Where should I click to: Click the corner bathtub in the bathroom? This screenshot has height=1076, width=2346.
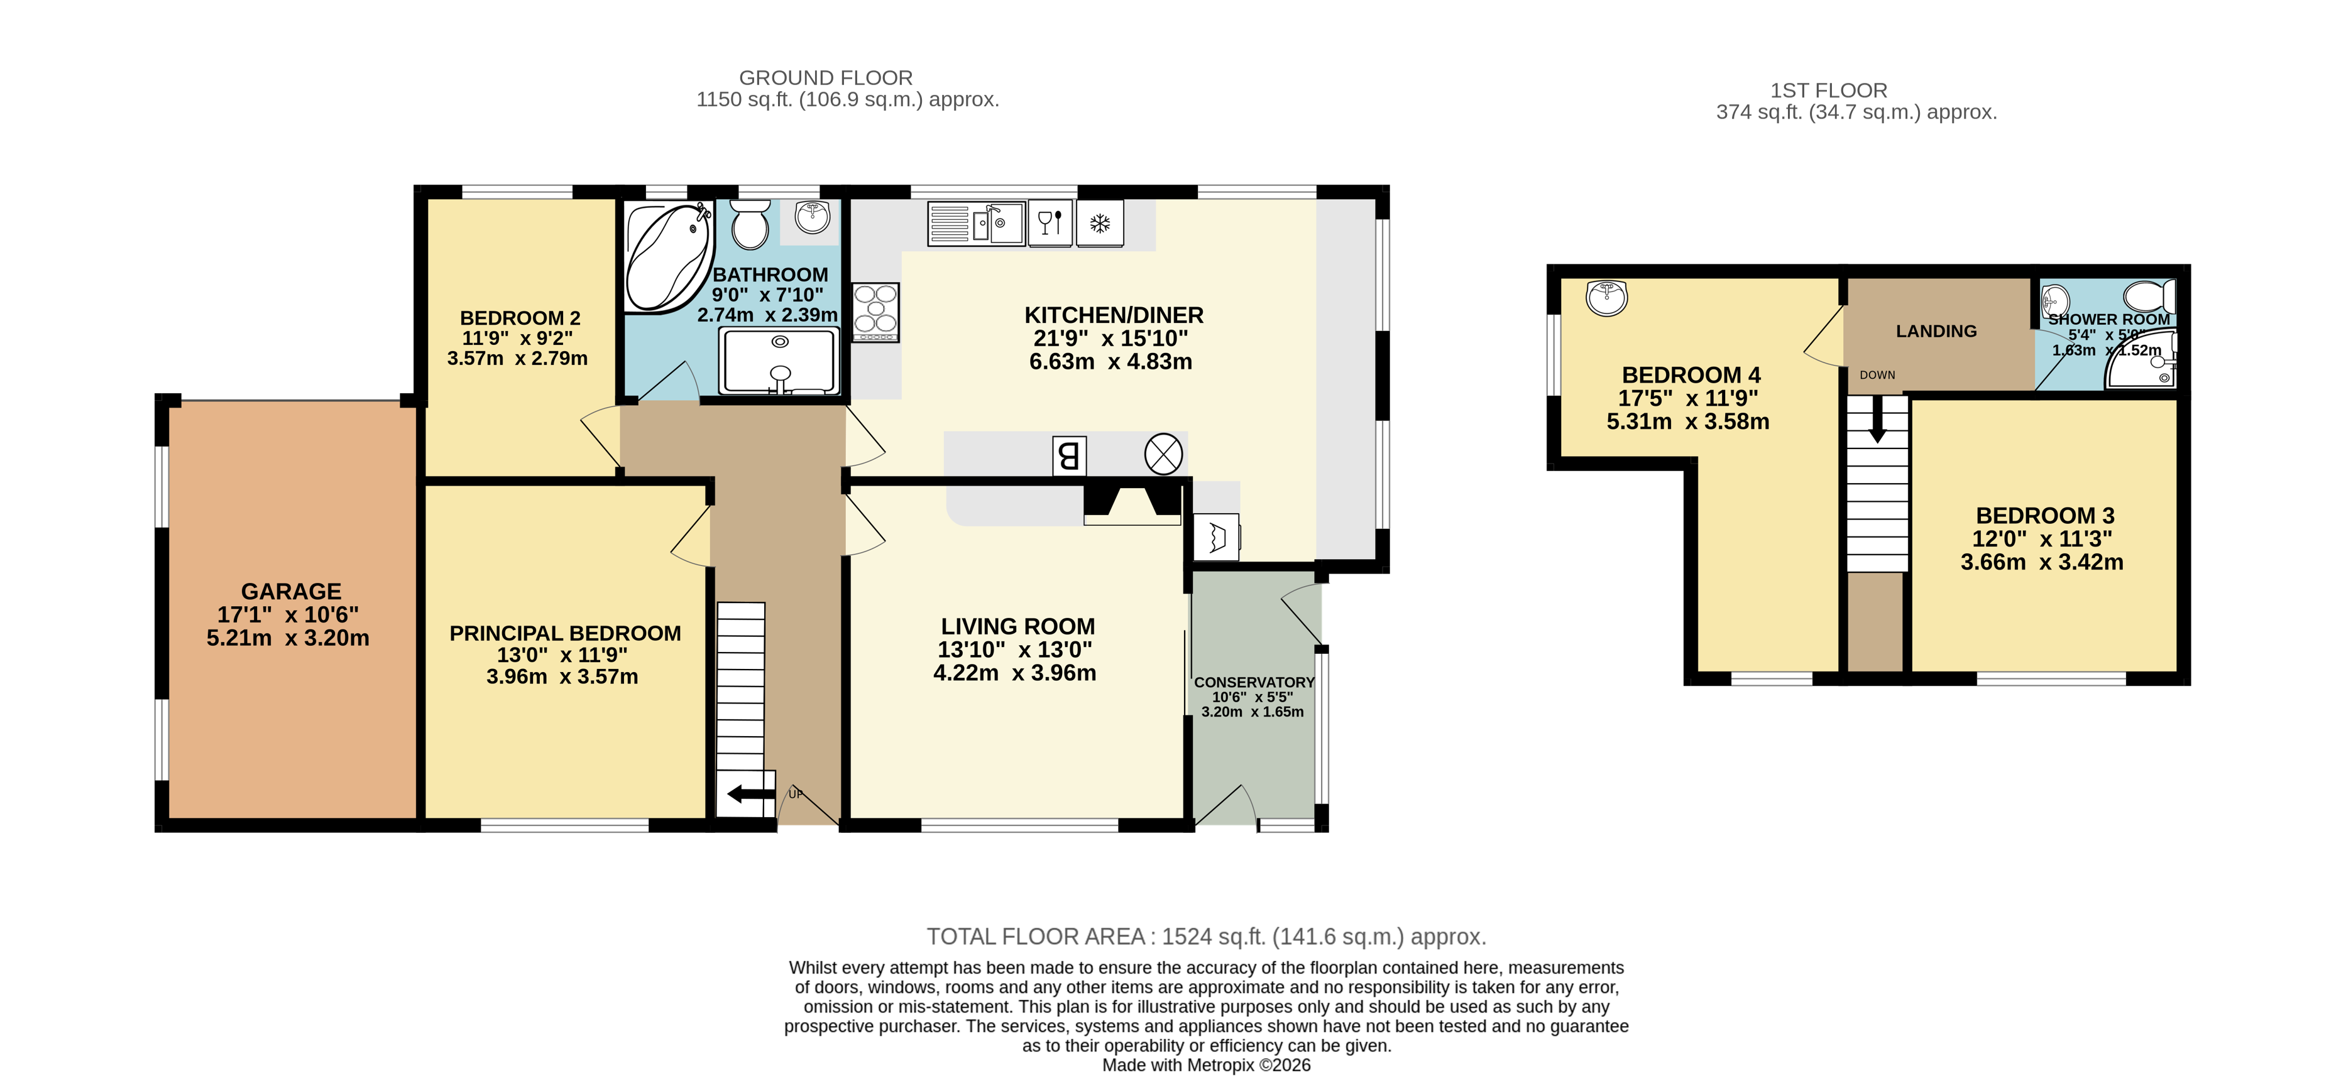(x=667, y=257)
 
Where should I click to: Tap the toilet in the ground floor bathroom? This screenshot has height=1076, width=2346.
(x=750, y=224)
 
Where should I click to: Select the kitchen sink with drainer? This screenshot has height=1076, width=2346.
(x=976, y=223)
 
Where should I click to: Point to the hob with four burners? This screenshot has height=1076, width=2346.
(x=875, y=312)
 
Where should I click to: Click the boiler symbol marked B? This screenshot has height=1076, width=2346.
(x=1068, y=455)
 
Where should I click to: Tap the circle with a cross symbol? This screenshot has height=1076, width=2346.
(x=1163, y=454)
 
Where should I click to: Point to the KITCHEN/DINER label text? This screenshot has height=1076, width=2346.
(x=1113, y=315)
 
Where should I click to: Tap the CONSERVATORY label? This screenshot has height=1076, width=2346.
(x=1253, y=682)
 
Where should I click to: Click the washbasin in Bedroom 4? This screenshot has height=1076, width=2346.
(x=1606, y=296)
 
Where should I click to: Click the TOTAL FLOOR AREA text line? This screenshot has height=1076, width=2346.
(x=1206, y=936)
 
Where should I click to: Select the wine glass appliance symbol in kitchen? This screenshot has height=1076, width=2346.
(x=1049, y=223)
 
